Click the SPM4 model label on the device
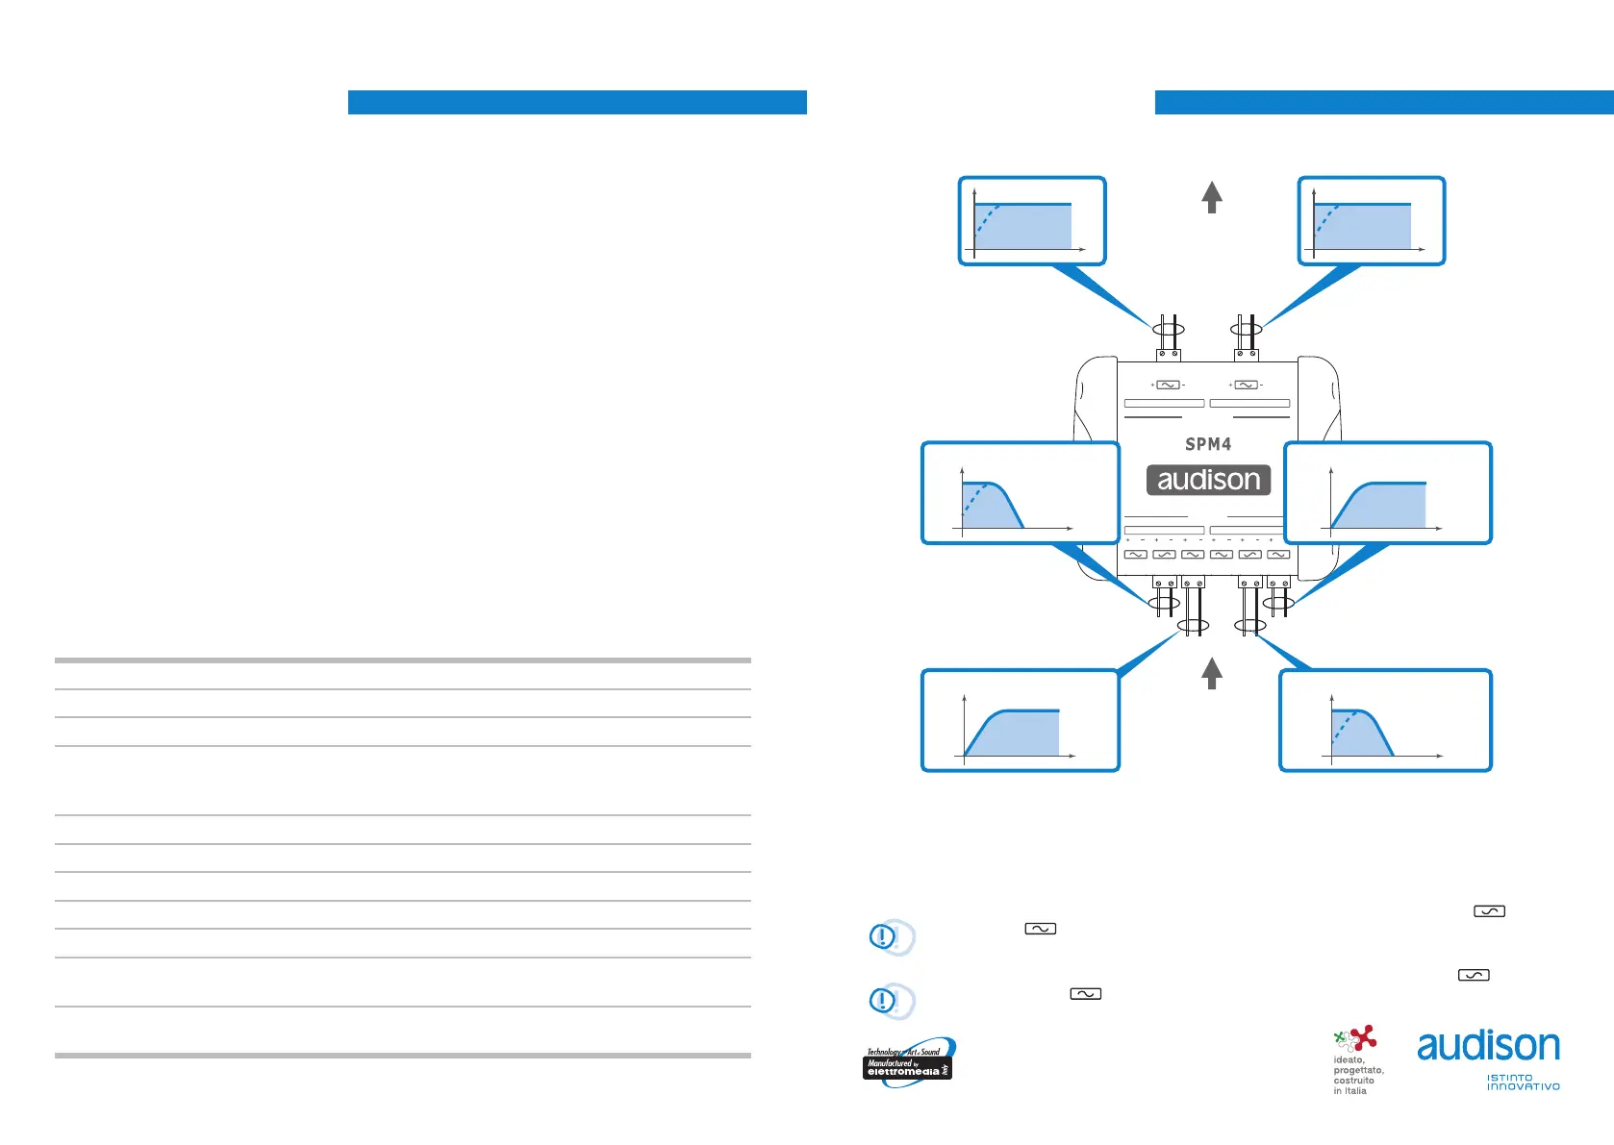(1208, 444)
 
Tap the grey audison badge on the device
(1208, 480)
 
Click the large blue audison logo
(1488, 1045)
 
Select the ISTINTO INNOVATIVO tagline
(1523, 1083)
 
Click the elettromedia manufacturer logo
(908, 1063)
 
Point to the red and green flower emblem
(1355, 1039)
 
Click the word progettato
(1358, 1070)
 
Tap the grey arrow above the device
(1212, 197)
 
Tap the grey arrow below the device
(1212, 673)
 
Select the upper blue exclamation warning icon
(883, 936)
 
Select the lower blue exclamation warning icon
(883, 1001)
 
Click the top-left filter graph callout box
(1032, 221)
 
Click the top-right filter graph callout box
(1372, 221)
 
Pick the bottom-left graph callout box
(1021, 721)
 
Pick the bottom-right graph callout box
(1385, 721)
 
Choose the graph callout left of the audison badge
(1021, 493)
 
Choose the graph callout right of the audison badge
(1388, 493)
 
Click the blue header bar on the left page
(577, 102)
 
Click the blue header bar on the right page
(1384, 102)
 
